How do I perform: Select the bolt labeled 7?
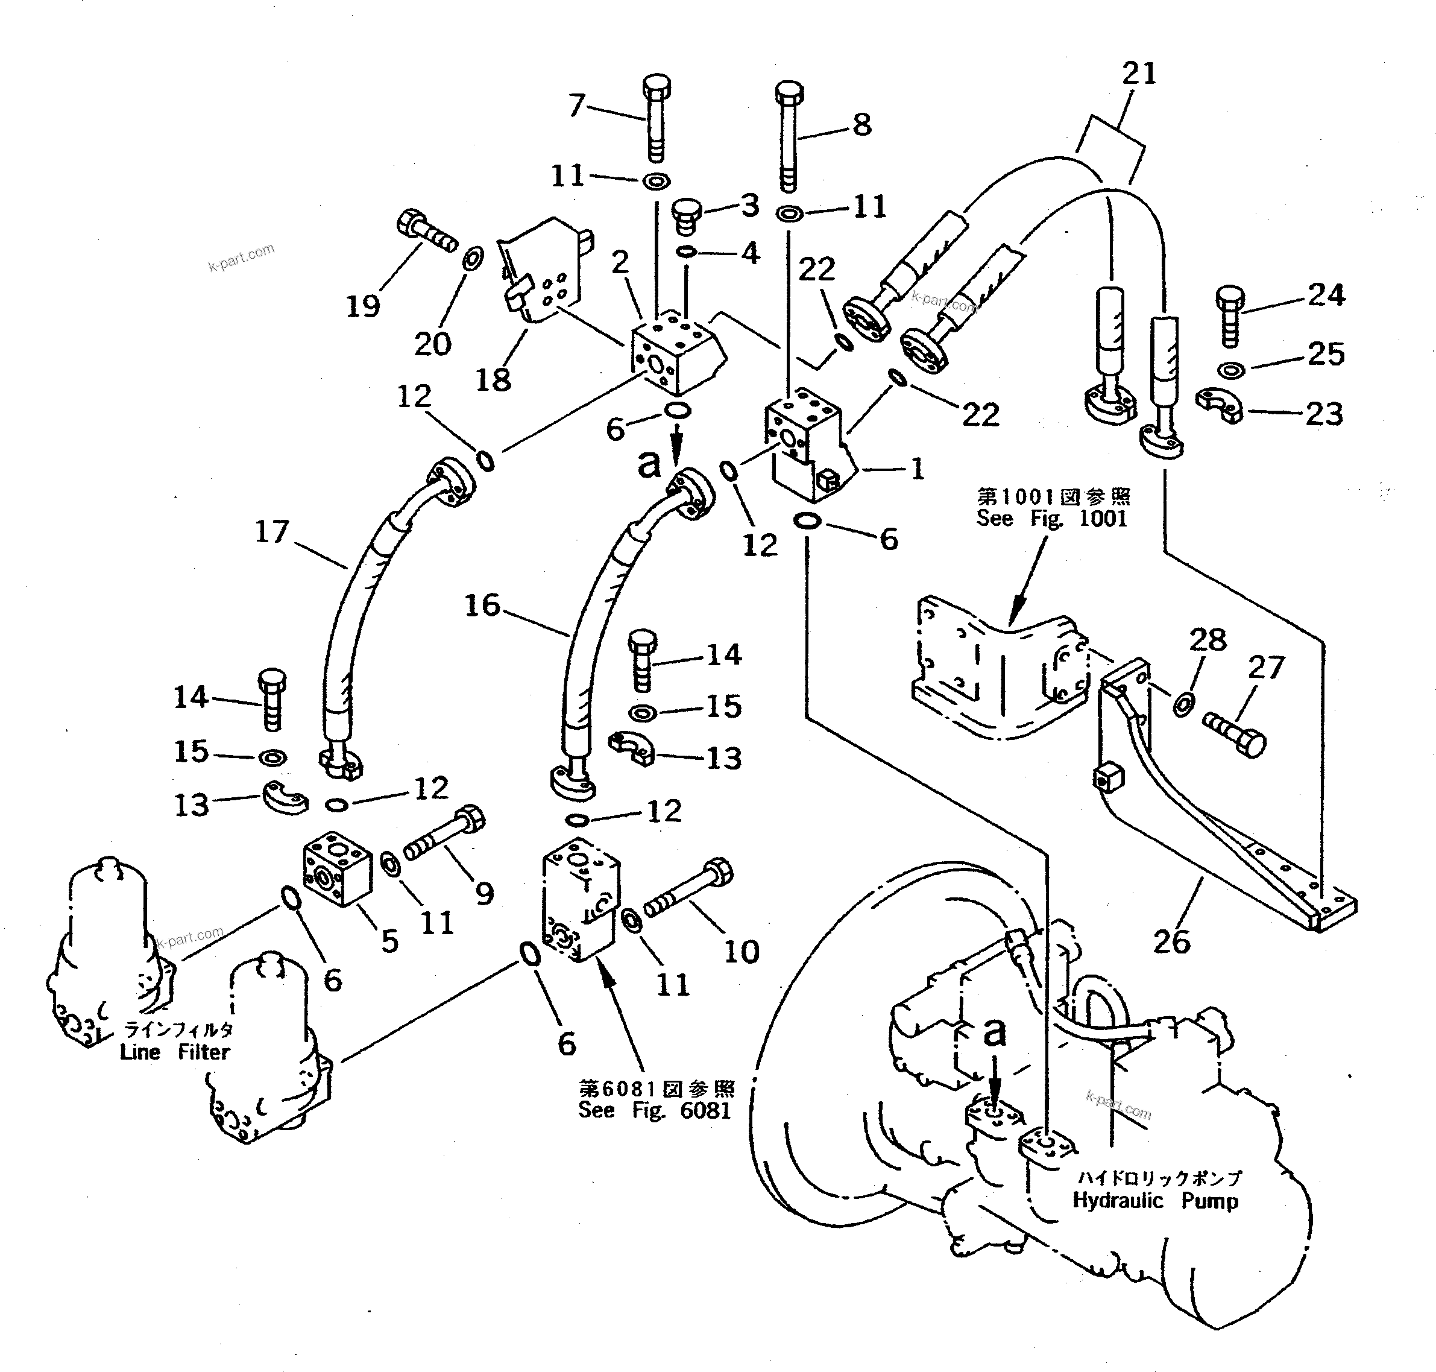pyautogui.click(x=656, y=121)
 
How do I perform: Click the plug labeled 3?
pyautogui.click(x=686, y=216)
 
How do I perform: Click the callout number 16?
pyautogui.click(x=482, y=605)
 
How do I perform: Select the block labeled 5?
pyautogui.click(x=336, y=870)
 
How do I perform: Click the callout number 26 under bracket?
pyautogui.click(x=1171, y=941)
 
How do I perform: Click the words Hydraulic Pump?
pyautogui.click(x=1155, y=1201)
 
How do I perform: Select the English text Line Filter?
pyautogui.click(x=175, y=1052)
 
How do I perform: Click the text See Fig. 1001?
pyautogui.click(x=1051, y=519)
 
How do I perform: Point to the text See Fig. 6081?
pyautogui.click(x=653, y=1110)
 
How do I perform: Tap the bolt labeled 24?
pyautogui.click(x=1230, y=316)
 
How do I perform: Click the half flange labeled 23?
pyautogui.click(x=1220, y=406)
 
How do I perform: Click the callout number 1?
pyautogui.click(x=917, y=469)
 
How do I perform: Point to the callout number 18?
pyautogui.click(x=493, y=379)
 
